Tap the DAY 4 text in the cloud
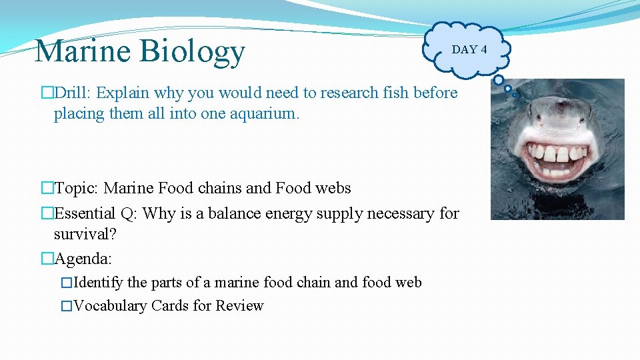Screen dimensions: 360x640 (469, 49)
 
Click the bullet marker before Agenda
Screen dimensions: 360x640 (47, 258)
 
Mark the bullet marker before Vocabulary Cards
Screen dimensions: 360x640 (65, 306)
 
